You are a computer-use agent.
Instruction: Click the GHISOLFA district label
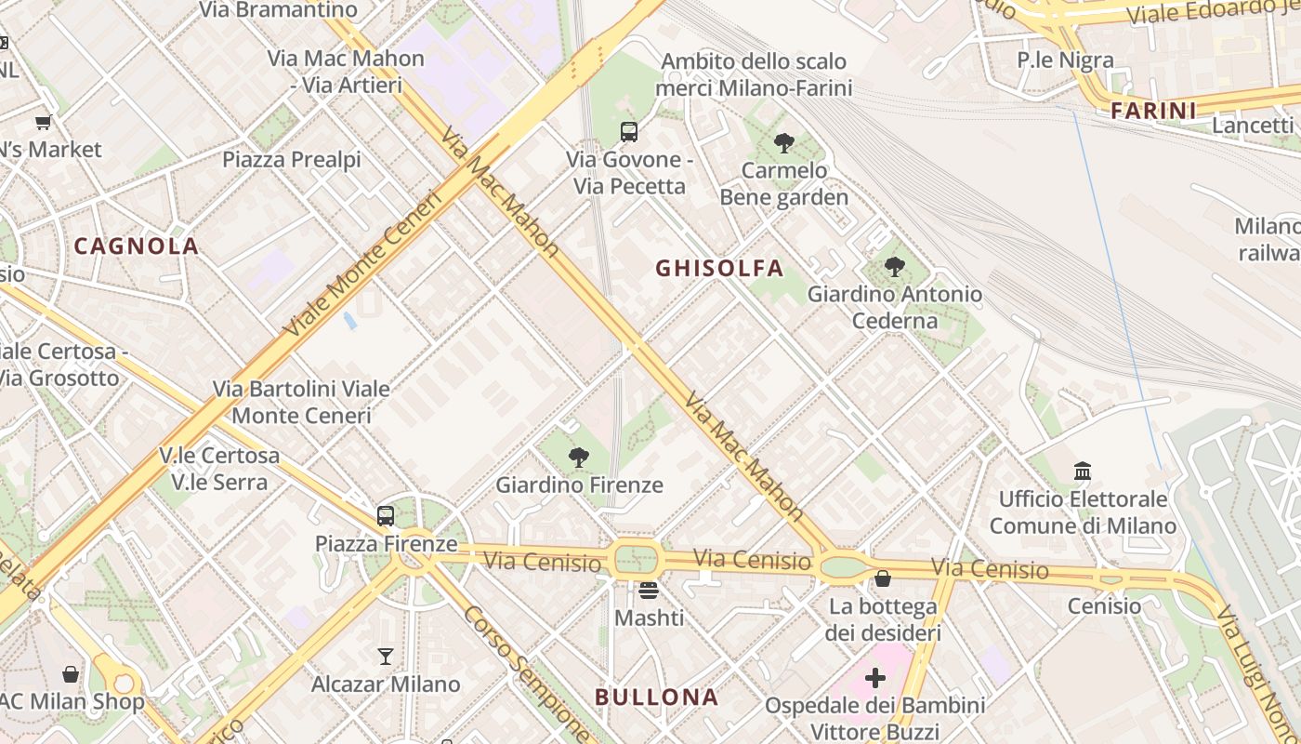point(719,269)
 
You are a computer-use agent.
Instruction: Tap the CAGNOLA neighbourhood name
point(137,246)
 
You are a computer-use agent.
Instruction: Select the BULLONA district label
point(656,697)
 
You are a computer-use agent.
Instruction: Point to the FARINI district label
point(1153,112)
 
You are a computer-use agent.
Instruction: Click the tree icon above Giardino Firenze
point(579,457)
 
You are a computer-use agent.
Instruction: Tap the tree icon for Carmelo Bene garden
point(783,143)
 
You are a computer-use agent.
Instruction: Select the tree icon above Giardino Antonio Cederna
point(894,267)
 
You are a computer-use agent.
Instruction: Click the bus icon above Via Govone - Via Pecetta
point(629,132)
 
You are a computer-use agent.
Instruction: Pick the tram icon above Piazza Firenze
point(386,515)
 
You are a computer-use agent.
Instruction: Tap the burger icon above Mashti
point(649,590)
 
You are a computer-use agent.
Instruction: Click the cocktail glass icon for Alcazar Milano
point(386,657)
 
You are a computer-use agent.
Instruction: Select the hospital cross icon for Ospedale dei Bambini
point(874,678)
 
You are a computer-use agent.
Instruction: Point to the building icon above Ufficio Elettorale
point(1083,472)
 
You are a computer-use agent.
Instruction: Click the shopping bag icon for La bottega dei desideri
point(883,579)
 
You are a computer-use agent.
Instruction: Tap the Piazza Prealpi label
point(291,160)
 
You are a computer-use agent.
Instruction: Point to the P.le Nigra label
point(1065,60)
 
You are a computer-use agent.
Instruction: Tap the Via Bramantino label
point(279,10)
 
